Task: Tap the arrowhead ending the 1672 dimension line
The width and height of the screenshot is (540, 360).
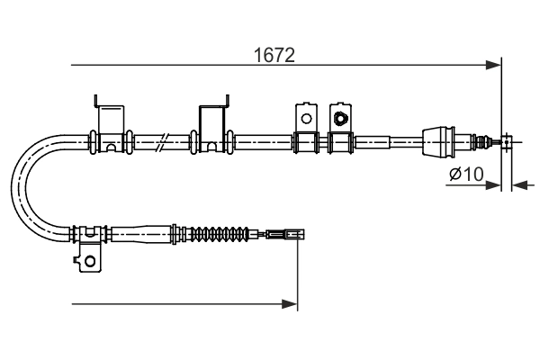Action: [493, 65]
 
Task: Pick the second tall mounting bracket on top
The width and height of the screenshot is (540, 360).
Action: [211, 121]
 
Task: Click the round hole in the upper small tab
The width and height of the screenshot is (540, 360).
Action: [305, 118]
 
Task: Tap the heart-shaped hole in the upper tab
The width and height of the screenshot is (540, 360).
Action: [340, 117]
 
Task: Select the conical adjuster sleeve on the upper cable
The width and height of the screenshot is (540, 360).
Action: [438, 140]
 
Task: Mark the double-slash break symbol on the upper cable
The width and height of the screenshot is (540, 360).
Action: [160, 140]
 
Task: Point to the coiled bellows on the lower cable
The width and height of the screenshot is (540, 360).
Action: [220, 236]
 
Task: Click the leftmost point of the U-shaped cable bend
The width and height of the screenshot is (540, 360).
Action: [19, 189]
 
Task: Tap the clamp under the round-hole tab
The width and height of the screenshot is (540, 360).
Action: [304, 141]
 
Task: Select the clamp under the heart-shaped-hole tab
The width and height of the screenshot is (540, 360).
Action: [339, 141]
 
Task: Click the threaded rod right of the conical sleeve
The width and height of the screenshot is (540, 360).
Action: [472, 140]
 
